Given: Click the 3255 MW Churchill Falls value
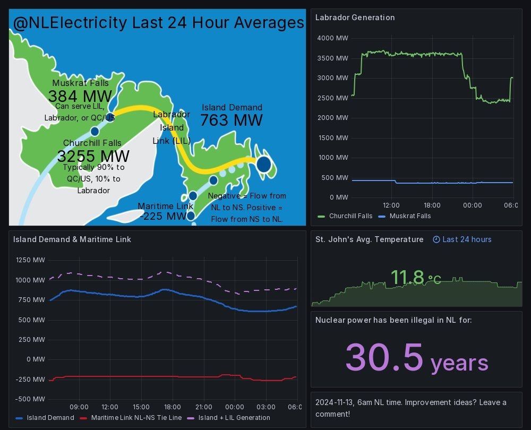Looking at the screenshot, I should pyautogui.click(x=93, y=156).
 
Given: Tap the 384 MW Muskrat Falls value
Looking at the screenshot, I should pyautogui.click(x=80, y=96).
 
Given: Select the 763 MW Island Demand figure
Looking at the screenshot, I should pyautogui.click(x=231, y=121).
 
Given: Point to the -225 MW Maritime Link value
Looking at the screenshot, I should pyautogui.click(x=163, y=216).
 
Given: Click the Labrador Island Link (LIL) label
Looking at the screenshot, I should pyautogui.click(x=172, y=127).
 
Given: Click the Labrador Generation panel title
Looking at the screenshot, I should pyautogui.click(x=355, y=18).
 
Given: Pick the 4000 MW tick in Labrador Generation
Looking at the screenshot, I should pyautogui.click(x=332, y=38).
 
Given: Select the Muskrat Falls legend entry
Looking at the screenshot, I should pyautogui.click(x=410, y=216).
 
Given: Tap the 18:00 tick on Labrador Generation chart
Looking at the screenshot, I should pyautogui.click(x=432, y=205).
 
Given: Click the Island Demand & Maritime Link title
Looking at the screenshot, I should pyautogui.click(x=72, y=239).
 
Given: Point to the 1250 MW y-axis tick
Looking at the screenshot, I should pyautogui.click(x=30, y=260).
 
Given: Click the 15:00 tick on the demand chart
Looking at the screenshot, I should pyautogui.click(x=141, y=407).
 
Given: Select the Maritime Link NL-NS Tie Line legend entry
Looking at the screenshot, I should pyautogui.click(x=136, y=418).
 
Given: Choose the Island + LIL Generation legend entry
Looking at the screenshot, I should pyautogui.click(x=234, y=418).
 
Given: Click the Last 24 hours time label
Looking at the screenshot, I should pyautogui.click(x=467, y=239).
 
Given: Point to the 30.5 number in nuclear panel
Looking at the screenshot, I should pyautogui.click(x=384, y=357).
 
